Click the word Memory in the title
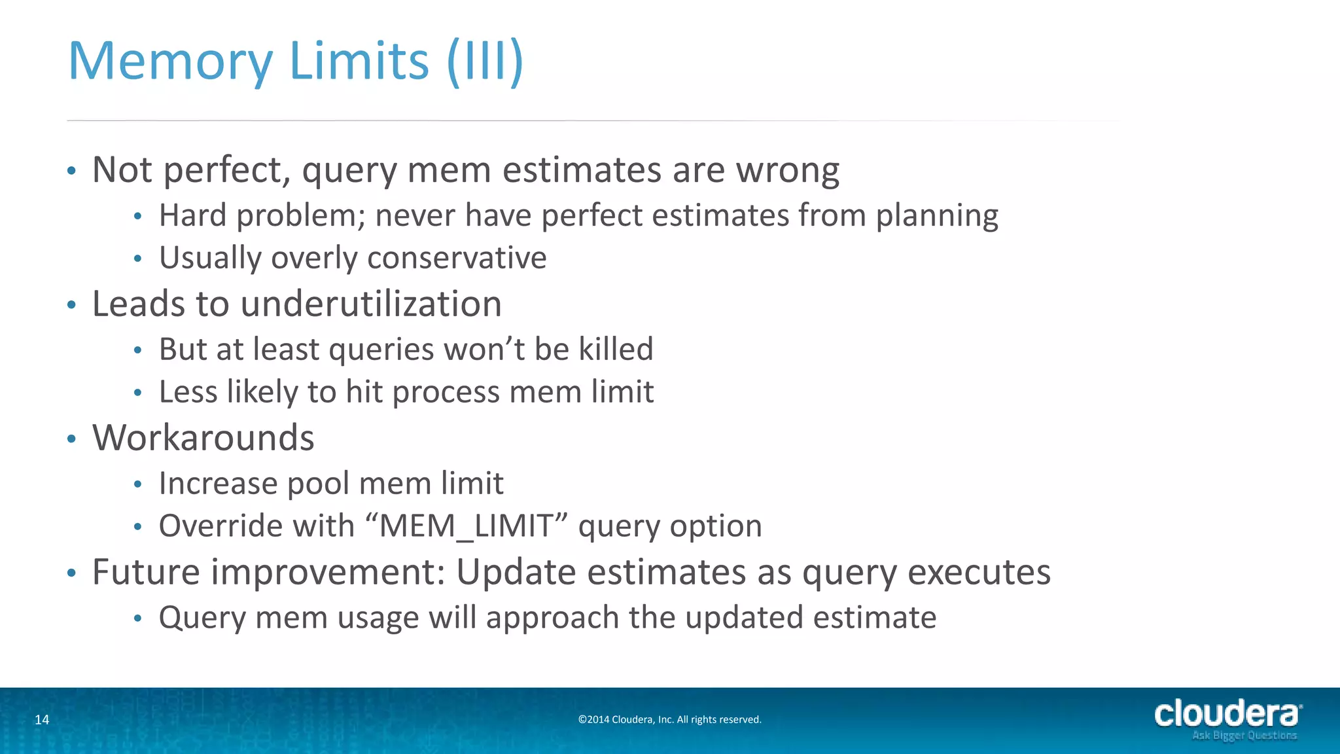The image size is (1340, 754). (170, 62)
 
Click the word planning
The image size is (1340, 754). (937, 216)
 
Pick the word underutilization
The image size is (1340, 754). (371, 304)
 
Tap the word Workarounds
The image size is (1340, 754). (203, 438)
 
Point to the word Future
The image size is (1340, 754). (146, 572)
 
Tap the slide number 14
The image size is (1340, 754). (42, 720)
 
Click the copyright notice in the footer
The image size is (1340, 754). (669, 720)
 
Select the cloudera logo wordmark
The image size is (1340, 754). (1227, 714)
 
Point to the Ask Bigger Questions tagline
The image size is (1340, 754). (1244, 736)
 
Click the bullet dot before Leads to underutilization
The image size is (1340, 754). (72, 305)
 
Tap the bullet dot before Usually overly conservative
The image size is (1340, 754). (137, 259)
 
